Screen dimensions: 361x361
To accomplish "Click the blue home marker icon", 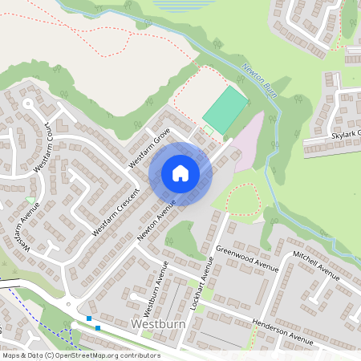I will click(180, 173).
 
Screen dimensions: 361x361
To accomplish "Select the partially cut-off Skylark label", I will click(345, 134).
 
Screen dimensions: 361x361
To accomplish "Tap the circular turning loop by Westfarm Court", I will click(29, 104).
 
